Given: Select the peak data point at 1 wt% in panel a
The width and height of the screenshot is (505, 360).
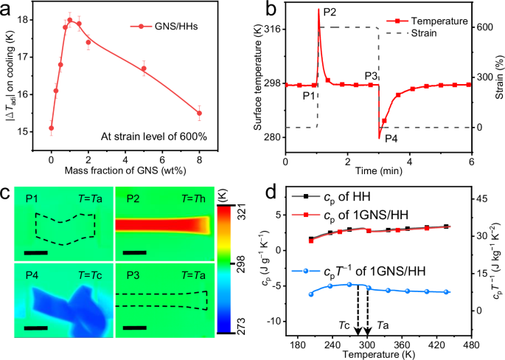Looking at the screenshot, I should pos(70,20).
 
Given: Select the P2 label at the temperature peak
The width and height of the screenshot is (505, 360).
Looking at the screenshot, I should pos(330,13).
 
